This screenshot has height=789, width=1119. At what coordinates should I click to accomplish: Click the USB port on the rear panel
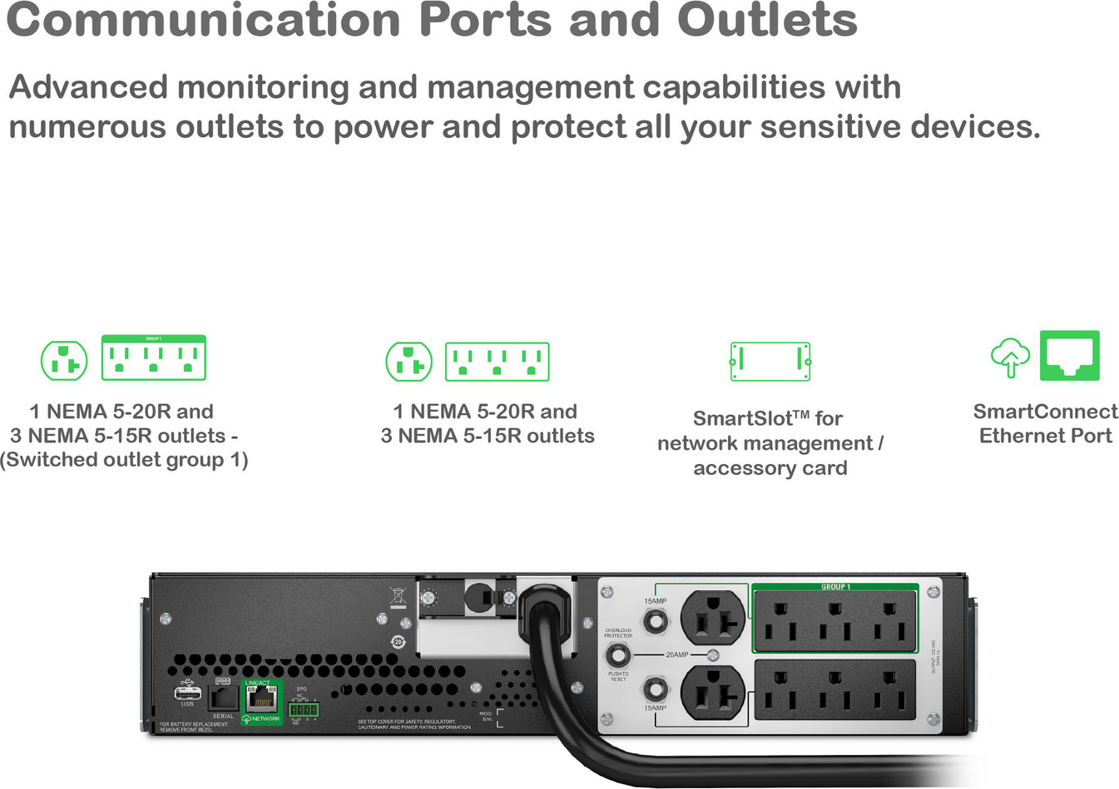click(187, 693)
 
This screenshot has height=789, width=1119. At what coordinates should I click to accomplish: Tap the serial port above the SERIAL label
click(222, 696)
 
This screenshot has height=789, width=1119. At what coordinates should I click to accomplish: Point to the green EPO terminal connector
click(304, 709)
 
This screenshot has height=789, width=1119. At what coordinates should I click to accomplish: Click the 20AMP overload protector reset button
click(617, 654)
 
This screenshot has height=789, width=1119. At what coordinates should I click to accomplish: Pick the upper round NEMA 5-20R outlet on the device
click(713, 619)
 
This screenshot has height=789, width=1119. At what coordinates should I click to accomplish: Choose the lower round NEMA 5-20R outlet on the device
click(713, 692)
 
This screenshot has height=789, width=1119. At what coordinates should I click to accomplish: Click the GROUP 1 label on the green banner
click(835, 587)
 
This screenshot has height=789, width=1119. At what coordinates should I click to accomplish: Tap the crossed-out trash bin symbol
click(398, 596)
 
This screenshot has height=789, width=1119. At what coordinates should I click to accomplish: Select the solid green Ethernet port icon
click(1070, 356)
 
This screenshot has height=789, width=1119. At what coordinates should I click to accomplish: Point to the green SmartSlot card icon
click(770, 361)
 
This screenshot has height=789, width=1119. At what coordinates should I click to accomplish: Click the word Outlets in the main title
click(766, 20)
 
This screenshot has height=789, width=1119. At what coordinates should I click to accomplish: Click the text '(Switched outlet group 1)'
click(124, 460)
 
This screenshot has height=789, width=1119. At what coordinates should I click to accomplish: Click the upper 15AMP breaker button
click(656, 620)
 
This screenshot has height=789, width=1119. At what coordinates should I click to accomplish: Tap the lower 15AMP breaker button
click(656, 689)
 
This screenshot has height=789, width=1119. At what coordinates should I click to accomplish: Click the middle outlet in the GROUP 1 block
click(834, 621)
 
